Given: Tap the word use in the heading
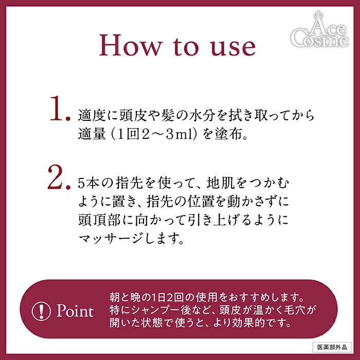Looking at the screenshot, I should [232, 46].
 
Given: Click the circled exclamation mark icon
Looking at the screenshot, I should [40, 312].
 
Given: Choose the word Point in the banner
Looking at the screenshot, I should [75, 312].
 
